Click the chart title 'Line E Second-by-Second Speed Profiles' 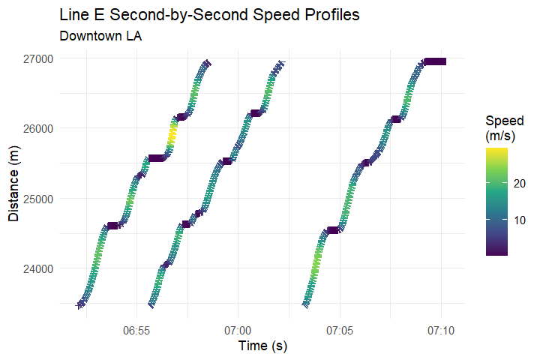[x=209, y=15]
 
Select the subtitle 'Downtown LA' [x=100, y=36]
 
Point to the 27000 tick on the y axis [x=38, y=59]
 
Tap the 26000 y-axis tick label [x=38, y=129]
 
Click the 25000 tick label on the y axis [x=38, y=199]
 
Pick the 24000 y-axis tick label [x=38, y=268]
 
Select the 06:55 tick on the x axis [x=136, y=331]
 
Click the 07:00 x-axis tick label [x=238, y=331]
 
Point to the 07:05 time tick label [x=340, y=331]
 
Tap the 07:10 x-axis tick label [x=441, y=331]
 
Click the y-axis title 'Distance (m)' [x=13, y=184]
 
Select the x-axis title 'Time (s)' [x=262, y=346]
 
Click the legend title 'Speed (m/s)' [x=505, y=128]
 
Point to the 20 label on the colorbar [x=519, y=183]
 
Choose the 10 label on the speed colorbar [x=519, y=220]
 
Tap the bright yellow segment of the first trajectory [x=172, y=135]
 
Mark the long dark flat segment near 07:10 [x=435, y=61]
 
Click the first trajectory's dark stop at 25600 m [x=156, y=158]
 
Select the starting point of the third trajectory [x=305, y=305]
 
